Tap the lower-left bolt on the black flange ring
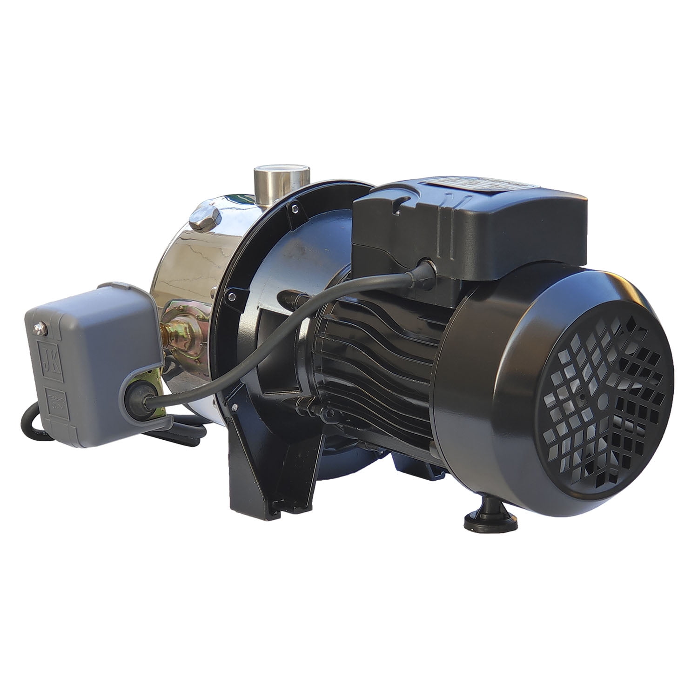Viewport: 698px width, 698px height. pos(229,294)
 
